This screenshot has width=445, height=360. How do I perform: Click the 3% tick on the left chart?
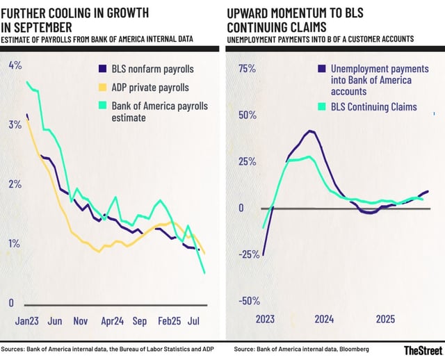tap(13, 124)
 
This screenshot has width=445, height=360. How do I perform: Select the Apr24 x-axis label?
tap(113, 321)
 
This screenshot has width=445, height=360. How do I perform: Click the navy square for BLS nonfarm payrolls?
tap(102, 69)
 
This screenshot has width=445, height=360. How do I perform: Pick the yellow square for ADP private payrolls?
tap(102, 88)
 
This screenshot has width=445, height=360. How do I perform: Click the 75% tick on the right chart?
tap(248, 69)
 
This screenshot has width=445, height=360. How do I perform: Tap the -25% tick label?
tap(247, 254)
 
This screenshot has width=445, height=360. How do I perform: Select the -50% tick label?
tap(247, 301)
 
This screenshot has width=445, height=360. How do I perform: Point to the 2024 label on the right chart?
tap(323, 319)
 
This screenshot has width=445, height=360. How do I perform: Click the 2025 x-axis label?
tap(386, 319)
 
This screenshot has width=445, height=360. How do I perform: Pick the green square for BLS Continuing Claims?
tap(321, 107)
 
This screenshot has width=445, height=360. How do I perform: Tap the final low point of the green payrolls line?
tap(204, 273)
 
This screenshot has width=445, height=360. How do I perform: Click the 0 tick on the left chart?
tap(11, 302)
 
